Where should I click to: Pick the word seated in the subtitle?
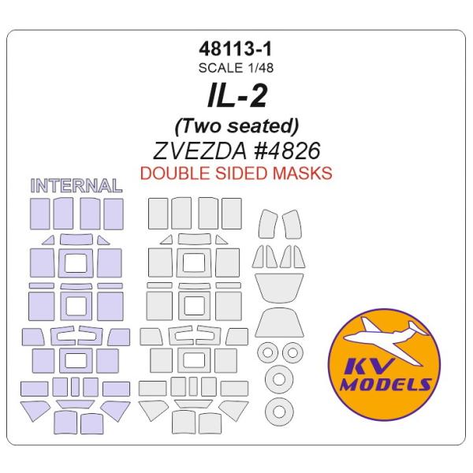[x=259, y=125]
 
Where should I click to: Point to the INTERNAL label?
[x=76, y=187]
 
